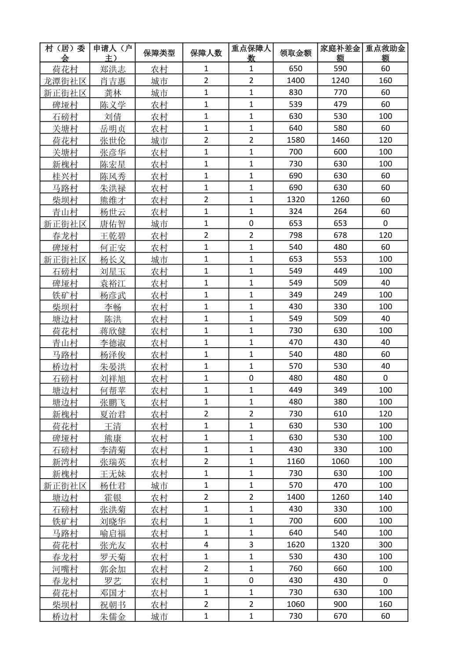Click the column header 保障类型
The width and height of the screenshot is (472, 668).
pos(159,53)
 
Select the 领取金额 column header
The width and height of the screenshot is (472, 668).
pos(295,53)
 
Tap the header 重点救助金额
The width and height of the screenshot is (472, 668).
pos(385,53)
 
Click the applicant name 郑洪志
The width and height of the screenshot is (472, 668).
pos(113,69)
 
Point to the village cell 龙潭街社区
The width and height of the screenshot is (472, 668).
pos(65,81)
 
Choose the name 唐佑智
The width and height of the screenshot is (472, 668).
pos(113,224)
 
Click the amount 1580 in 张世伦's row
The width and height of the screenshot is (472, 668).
pos(295,140)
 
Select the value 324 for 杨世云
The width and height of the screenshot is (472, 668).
pos(295,211)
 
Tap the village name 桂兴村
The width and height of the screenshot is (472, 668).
pos(65,176)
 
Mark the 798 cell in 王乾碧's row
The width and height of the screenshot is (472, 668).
pos(295,236)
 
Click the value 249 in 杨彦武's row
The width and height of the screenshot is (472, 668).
pos(340,295)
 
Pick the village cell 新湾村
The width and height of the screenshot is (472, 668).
pos(65,461)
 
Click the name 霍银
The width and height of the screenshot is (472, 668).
pos(113,497)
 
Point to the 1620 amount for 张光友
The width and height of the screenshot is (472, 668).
pos(295,545)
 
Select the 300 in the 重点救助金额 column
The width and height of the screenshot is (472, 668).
pos(385,545)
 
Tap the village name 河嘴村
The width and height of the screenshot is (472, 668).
pos(65,569)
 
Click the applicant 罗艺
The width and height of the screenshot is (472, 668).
pos(113,581)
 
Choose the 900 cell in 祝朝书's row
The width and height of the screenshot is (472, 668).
pos(340,604)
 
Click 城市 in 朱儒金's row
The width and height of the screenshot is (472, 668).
pos(159,616)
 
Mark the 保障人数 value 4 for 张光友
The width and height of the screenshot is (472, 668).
pos(206,545)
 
